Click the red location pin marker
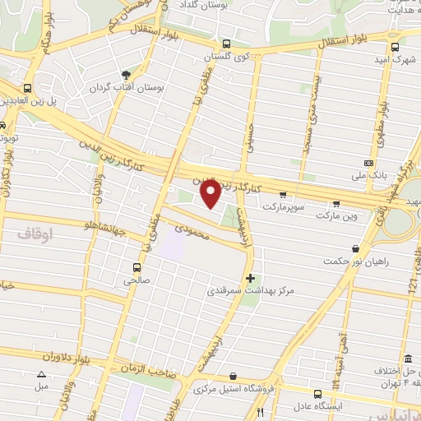pos(210,193)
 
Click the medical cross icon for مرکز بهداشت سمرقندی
pos(251,278)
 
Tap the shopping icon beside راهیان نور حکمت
pos(355,248)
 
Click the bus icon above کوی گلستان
pos(226,44)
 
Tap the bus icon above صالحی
pos(136,266)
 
